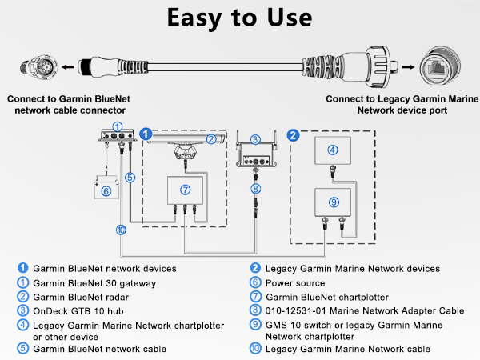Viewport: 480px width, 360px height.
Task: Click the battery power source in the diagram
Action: point(107,190)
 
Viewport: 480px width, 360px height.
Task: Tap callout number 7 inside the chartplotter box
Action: point(185,190)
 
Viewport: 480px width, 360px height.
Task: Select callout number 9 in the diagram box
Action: point(334,202)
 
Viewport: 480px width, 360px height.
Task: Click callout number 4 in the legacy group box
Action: point(334,149)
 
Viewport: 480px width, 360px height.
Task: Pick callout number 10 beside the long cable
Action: point(121,230)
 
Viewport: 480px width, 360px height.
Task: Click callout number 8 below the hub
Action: point(256,190)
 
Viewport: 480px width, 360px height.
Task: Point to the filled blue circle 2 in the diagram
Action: point(293,134)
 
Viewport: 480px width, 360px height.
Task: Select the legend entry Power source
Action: point(295,282)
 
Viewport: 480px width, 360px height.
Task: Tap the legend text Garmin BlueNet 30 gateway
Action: point(88,282)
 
